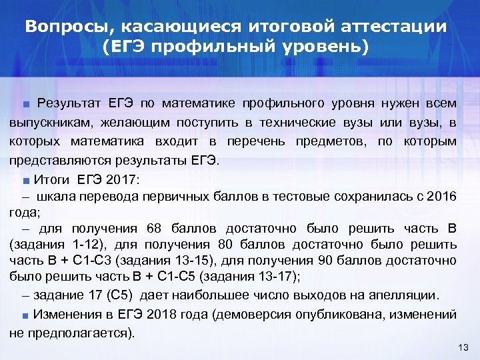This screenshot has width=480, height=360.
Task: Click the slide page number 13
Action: coord(465,347)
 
